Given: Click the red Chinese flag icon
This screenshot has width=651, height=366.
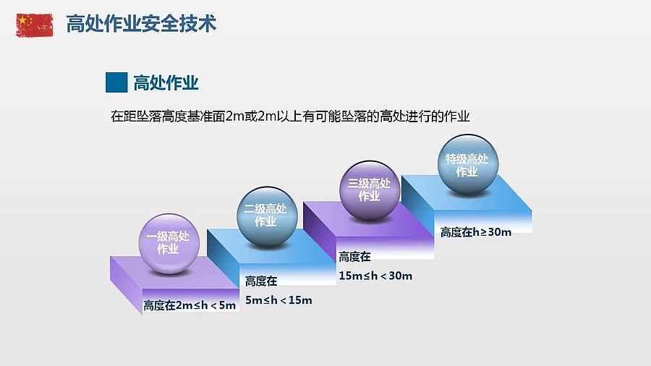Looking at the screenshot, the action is (x=35, y=25).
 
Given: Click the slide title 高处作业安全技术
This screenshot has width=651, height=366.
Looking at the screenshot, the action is (x=141, y=24).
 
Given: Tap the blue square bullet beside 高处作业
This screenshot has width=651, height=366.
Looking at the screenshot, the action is (x=116, y=82).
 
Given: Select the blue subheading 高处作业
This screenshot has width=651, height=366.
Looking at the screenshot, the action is (x=166, y=83).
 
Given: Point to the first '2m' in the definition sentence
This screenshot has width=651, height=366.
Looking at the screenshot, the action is (x=235, y=116).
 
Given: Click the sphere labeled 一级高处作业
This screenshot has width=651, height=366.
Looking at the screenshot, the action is (x=169, y=244).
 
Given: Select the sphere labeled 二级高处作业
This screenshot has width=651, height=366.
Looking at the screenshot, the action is (x=267, y=216).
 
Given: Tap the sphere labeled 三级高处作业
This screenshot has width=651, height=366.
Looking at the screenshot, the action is (x=370, y=190).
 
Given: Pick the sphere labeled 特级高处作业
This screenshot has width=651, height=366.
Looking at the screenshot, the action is (x=468, y=164).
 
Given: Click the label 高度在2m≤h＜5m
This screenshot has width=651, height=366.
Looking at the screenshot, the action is (x=190, y=305).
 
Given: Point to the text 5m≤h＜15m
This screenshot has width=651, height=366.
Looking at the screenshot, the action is (x=278, y=300).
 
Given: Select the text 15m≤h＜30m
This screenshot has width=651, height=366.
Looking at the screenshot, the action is (x=375, y=276).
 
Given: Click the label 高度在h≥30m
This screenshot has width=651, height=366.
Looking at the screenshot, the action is (x=476, y=232).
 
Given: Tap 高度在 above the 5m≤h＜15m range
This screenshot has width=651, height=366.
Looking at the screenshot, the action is (x=261, y=281).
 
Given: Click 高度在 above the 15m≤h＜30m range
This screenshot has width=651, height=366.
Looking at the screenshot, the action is (x=354, y=257).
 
